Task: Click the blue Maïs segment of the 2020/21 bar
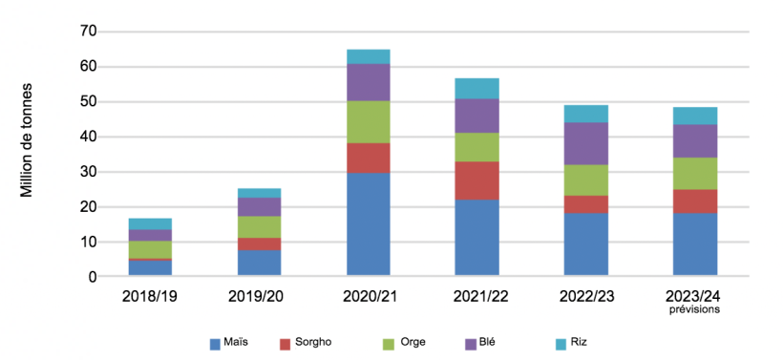click(x=368, y=224)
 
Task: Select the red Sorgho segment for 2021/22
click(x=476, y=180)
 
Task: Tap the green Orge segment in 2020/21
click(x=368, y=121)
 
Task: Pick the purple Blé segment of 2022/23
click(x=585, y=143)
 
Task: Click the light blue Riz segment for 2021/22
click(x=476, y=88)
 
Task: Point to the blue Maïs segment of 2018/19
click(x=150, y=268)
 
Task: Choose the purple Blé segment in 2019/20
click(x=259, y=206)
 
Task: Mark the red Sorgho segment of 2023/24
click(x=694, y=201)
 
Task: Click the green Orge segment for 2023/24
click(x=694, y=173)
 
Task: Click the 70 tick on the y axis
click(x=89, y=32)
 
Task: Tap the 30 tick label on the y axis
click(x=89, y=172)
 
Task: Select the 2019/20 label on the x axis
click(x=259, y=296)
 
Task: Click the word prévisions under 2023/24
click(x=694, y=309)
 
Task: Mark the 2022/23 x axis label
click(x=585, y=296)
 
